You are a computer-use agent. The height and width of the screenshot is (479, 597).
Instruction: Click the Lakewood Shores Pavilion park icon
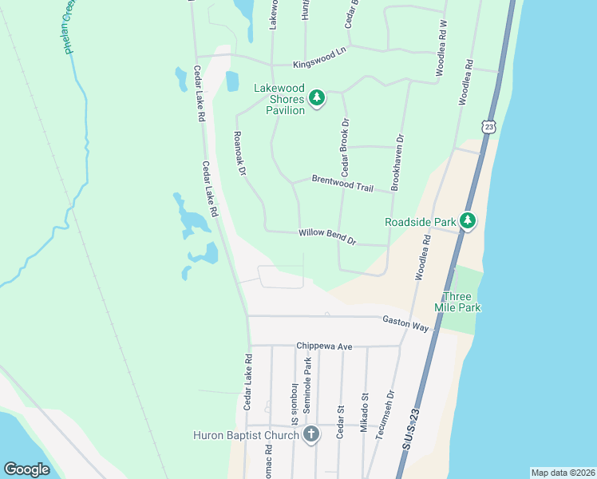click(317, 98)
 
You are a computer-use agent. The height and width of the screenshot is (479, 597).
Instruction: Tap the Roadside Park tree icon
click(468, 221)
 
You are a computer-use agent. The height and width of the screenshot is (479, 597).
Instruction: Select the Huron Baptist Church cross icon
click(311, 435)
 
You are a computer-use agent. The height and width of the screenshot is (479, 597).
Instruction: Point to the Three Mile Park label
click(458, 302)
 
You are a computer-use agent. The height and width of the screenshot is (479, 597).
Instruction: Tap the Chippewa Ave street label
click(324, 346)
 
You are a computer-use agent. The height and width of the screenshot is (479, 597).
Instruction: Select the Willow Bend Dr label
click(327, 236)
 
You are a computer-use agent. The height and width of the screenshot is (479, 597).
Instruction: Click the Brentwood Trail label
click(342, 183)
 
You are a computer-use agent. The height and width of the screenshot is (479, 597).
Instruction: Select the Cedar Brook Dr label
click(346, 147)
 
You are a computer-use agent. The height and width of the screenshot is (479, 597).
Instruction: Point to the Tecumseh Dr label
click(390, 411)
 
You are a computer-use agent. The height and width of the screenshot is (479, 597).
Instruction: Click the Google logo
click(27, 469)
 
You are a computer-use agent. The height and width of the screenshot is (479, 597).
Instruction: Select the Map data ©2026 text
click(562, 473)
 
